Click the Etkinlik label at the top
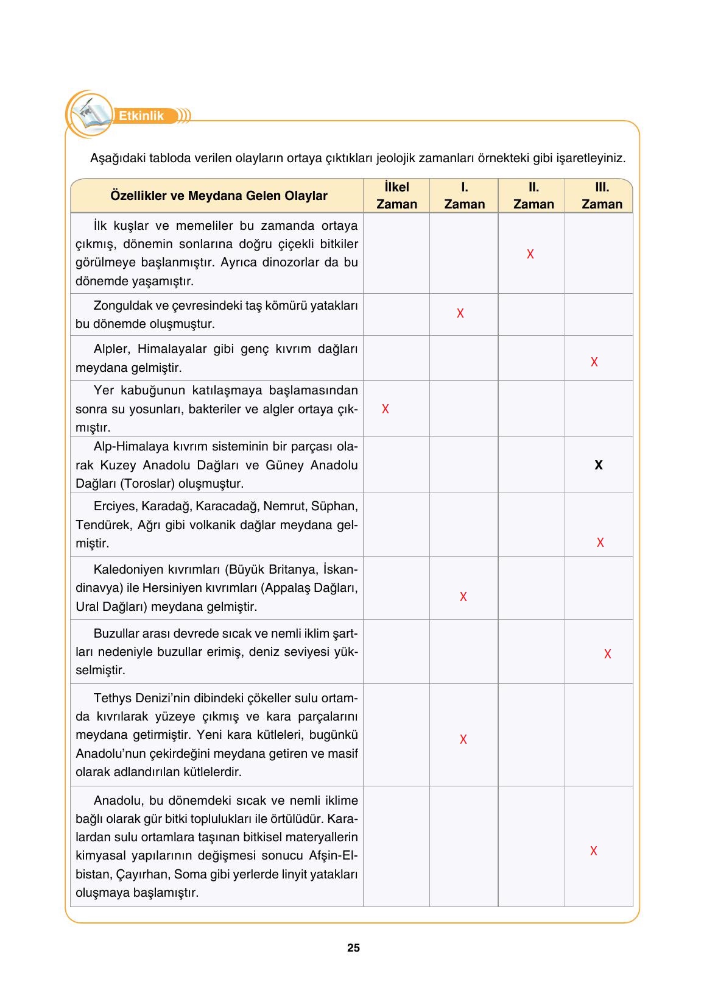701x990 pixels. point(141,116)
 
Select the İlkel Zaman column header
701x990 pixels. point(396,196)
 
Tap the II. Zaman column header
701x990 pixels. point(533,196)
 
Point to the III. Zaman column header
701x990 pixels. point(601,196)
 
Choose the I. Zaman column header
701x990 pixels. point(464,196)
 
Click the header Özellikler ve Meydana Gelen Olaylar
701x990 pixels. point(219,196)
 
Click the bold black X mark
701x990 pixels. point(598,465)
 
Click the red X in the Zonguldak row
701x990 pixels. point(460,313)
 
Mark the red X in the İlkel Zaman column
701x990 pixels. point(385,409)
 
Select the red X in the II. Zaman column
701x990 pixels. point(530,254)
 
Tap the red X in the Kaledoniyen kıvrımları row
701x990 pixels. point(463,597)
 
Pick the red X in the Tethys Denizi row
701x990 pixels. point(463,739)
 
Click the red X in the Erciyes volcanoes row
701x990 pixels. point(600,543)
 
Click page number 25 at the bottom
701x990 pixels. point(353,947)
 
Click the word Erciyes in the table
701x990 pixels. point(115,506)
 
